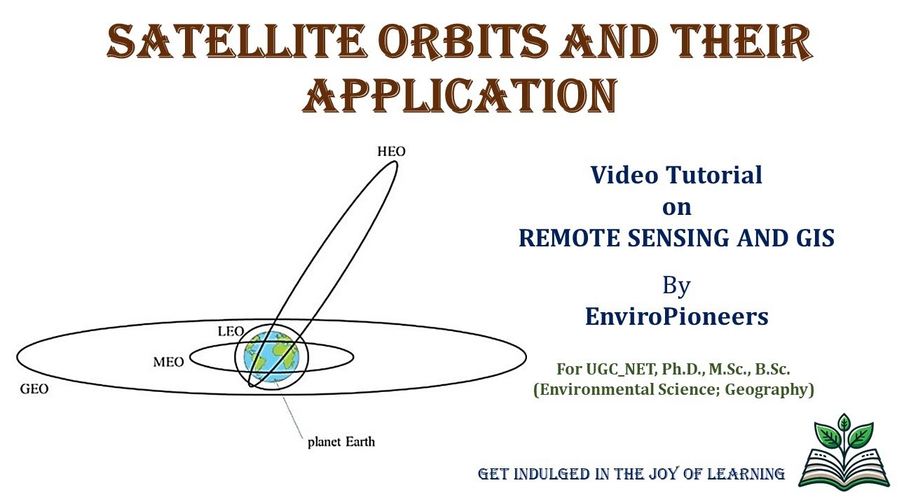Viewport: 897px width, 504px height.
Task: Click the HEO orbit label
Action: (391, 151)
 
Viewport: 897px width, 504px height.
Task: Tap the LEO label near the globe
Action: (231, 331)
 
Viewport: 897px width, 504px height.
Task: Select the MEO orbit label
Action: (168, 362)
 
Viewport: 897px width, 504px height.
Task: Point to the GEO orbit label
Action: (34, 388)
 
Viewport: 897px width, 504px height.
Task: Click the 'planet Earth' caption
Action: (341, 442)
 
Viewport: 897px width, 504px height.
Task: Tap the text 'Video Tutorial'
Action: (676, 174)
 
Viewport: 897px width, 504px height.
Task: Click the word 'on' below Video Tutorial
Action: (676, 206)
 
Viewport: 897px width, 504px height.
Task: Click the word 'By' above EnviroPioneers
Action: (676, 285)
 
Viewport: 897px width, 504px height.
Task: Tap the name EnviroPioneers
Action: (676, 316)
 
